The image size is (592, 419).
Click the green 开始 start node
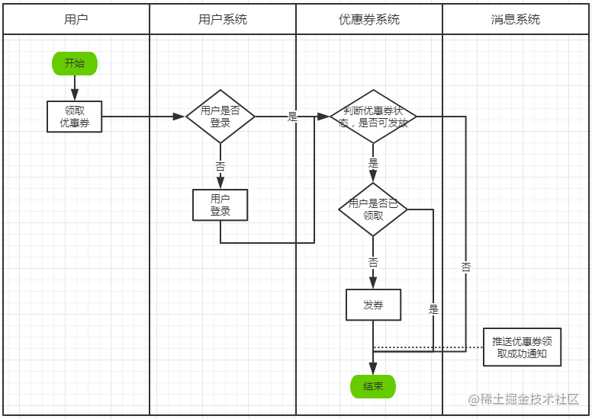pyautogui.click(x=75, y=63)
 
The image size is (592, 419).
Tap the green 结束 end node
pyautogui.click(x=373, y=386)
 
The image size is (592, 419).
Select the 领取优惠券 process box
pyautogui.click(x=74, y=117)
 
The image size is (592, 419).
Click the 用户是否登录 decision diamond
pyautogui.click(x=220, y=117)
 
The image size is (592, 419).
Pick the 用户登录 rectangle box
pyautogui.click(x=220, y=205)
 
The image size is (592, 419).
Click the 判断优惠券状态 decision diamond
pyautogui.click(x=373, y=117)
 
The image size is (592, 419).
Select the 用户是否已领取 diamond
pyautogui.click(x=373, y=209)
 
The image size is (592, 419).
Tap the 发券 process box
pyautogui.click(x=373, y=305)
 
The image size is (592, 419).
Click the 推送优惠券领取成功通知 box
pyautogui.click(x=522, y=347)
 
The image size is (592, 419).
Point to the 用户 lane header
pyautogui.click(x=76, y=19)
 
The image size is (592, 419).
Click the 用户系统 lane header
pyautogui.click(x=223, y=19)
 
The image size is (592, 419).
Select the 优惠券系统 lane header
pyautogui.click(x=369, y=19)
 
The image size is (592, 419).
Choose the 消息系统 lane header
pyautogui.click(x=516, y=19)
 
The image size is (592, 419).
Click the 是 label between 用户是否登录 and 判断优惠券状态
pyautogui.click(x=293, y=117)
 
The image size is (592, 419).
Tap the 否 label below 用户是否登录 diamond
pyautogui.click(x=220, y=167)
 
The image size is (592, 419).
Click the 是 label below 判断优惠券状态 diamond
pyautogui.click(x=373, y=163)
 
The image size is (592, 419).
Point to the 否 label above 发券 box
pyautogui.click(x=373, y=263)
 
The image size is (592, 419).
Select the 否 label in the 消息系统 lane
pyautogui.click(x=466, y=267)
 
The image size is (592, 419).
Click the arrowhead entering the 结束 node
pyautogui.click(x=373, y=369)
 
